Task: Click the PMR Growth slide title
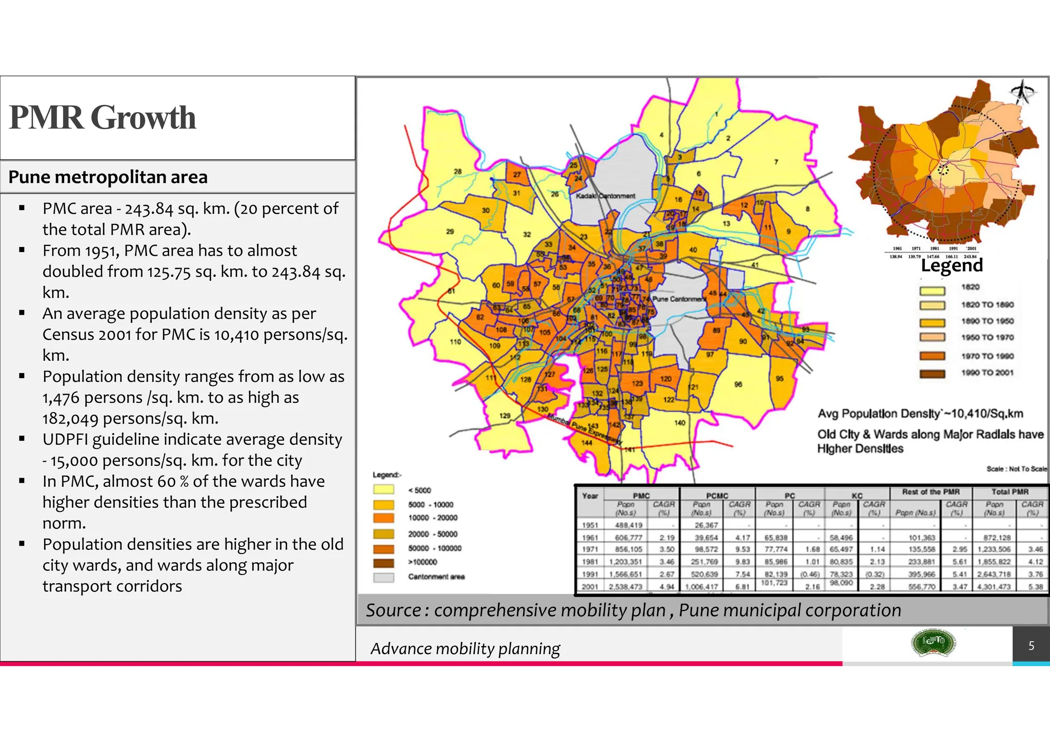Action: [x=103, y=117]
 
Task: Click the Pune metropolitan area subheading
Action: [x=108, y=177]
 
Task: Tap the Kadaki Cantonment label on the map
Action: [x=605, y=196]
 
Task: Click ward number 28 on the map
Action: [x=458, y=171]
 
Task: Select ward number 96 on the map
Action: [x=738, y=384]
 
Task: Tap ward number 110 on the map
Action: [x=455, y=341]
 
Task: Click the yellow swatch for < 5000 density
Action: [x=383, y=490]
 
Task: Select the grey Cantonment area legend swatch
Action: [x=383, y=577]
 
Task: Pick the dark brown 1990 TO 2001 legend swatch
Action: [x=932, y=373]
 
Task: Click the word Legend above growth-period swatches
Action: [x=952, y=265]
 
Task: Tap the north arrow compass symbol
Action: [x=1022, y=92]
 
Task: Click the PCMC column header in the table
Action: [x=717, y=496]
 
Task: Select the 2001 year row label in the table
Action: [x=590, y=586]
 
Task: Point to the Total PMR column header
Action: [x=1009, y=491]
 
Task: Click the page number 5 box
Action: [x=1031, y=646]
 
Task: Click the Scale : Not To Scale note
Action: [x=1016, y=469]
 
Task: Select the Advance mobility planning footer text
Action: [x=465, y=649]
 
